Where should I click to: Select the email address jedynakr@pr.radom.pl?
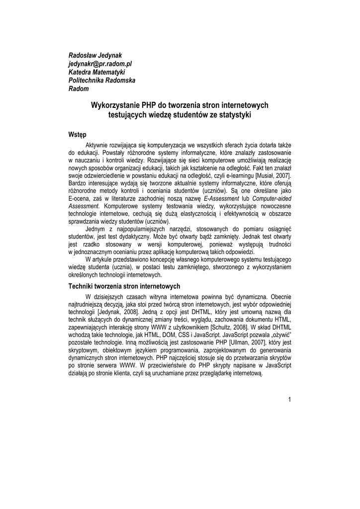99,63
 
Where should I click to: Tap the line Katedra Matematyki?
96,72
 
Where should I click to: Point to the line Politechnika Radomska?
101,81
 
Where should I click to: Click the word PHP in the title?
150,105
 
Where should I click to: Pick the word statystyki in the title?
235,115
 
